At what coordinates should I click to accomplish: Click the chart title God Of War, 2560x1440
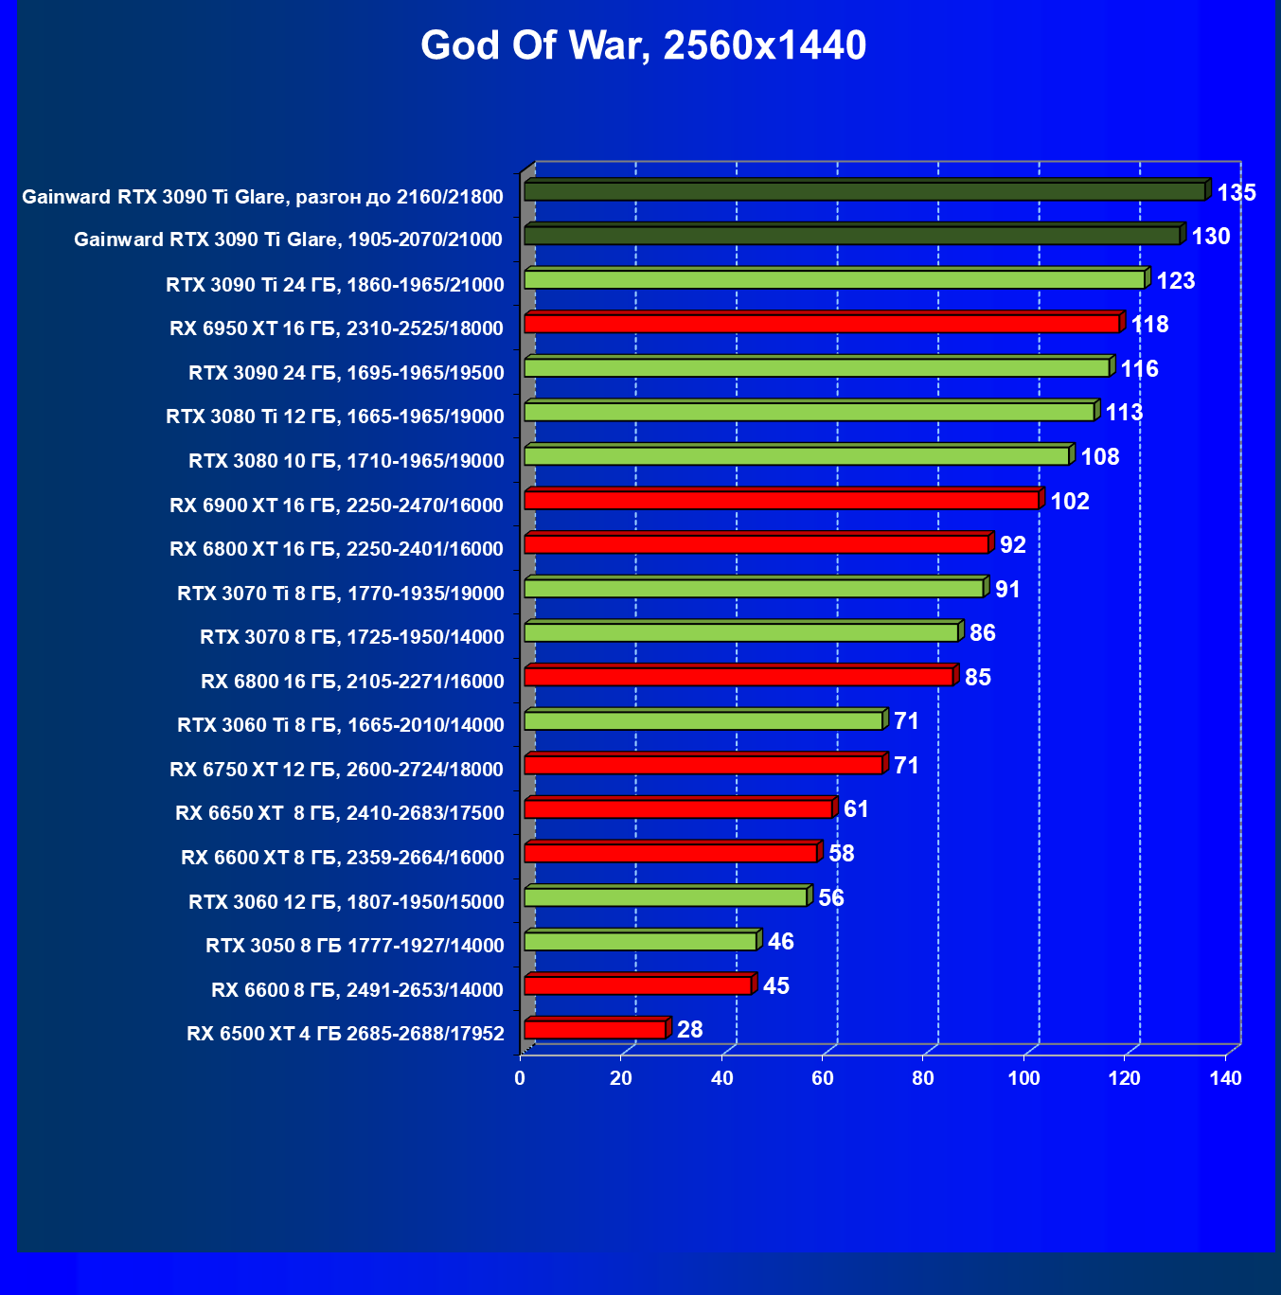coord(643,45)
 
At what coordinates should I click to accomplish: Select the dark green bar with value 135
coord(864,191)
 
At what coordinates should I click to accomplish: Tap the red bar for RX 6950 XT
coord(822,324)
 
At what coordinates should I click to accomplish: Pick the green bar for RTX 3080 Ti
coord(810,412)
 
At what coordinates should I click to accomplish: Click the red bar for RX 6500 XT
coord(595,1029)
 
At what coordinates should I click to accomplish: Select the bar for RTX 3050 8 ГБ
coord(640,941)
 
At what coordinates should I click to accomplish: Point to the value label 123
coord(1175,280)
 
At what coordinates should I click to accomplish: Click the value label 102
coord(1070,501)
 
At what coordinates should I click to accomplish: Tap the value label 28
coord(689,1029)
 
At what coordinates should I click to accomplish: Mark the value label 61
coord(856,809)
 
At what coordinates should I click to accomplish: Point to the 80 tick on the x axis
coord(923,1078)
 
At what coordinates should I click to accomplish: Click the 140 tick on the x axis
coord(1225,1078)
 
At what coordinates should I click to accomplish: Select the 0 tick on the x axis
coord(520,1078)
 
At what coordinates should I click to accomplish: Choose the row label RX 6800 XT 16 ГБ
coord(336,549)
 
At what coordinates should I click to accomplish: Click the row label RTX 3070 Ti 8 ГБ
coord(340,594)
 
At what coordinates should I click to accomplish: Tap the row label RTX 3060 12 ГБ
coord(346,901)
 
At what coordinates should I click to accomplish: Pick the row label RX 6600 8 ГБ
coord(357,990)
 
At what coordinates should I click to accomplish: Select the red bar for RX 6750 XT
coord(703,765)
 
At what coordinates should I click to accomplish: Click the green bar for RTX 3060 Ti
coord(703,721)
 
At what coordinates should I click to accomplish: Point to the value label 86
coord(982,633)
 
